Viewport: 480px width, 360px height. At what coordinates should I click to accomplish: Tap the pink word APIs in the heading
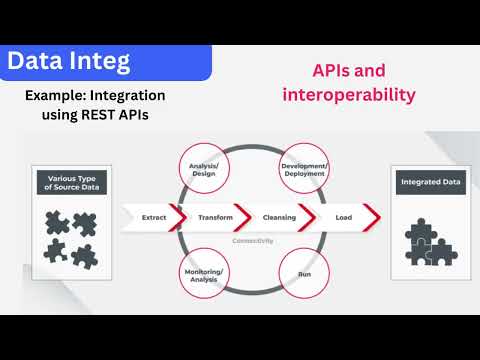pos(305,73)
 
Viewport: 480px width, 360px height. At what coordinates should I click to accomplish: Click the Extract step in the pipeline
pos(153,216)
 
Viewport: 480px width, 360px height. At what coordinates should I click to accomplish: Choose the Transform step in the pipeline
pos(215,216)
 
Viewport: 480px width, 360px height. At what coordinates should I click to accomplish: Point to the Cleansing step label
pos(279,216)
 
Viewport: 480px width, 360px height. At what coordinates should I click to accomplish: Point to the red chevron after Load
pos(371,216)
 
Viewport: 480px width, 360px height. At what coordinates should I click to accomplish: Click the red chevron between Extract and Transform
pos(178,216)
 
